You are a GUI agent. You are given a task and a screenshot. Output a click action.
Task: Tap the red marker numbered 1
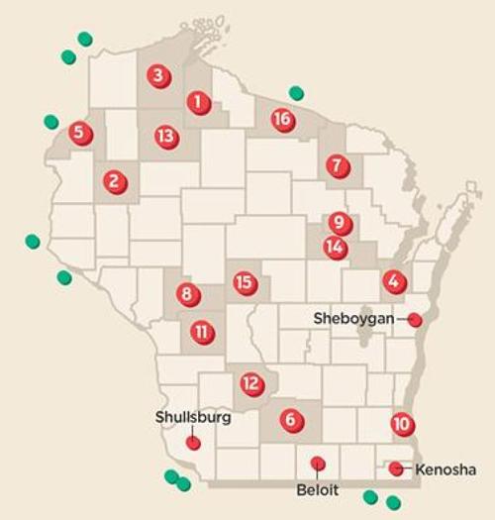(199, 101)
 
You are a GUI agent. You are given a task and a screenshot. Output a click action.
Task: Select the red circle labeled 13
(166, 137)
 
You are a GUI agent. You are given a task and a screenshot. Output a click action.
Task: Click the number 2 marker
(116, 182)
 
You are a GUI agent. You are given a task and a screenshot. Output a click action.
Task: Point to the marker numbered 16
(283, 121)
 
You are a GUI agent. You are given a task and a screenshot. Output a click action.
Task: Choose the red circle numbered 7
(339, 165)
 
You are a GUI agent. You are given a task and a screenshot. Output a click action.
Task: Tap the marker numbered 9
(340, 224)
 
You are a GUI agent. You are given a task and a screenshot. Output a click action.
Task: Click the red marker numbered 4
(395, 282)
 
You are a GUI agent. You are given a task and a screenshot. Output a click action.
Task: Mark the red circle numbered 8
(187, 294)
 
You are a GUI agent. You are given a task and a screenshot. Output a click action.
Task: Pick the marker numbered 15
(245, 283)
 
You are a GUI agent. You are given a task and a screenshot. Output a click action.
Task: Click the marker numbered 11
(202, 331)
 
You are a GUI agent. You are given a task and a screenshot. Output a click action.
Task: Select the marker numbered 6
(290, 420)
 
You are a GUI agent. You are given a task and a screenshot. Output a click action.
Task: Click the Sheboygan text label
(353, 319)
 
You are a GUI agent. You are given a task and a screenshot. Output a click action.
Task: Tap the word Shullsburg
(193, 418)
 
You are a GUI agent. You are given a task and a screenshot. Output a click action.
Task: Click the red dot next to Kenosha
(397, 468)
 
